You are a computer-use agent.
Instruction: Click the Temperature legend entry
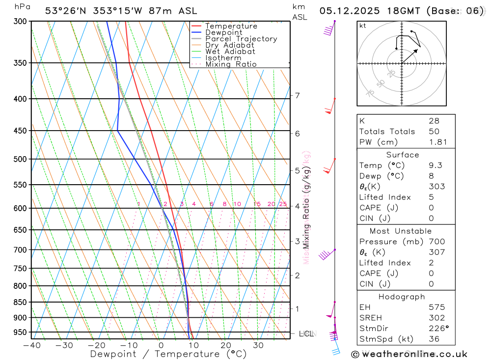231,26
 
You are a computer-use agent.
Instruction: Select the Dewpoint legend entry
223,32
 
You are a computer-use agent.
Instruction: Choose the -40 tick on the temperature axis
31,345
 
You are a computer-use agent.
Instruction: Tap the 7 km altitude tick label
298,95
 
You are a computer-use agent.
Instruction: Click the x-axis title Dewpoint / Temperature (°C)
168,354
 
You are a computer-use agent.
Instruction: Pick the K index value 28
434,121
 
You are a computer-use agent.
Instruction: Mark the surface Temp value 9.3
435,166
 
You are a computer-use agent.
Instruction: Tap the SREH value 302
436,318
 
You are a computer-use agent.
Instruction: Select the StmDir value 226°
437,329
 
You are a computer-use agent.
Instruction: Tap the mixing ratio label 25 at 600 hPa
283,204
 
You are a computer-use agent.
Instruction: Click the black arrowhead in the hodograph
418,50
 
